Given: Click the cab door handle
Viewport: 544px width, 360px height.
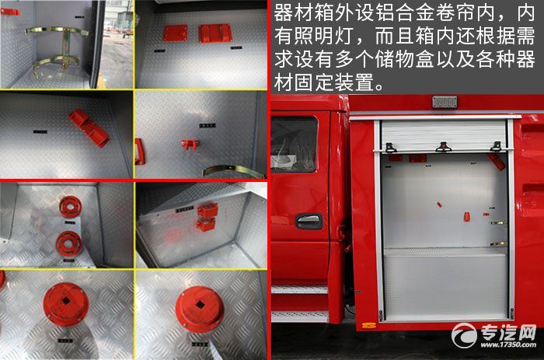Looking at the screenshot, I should point(309,221).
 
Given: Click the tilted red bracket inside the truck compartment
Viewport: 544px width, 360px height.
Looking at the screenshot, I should point(495,161).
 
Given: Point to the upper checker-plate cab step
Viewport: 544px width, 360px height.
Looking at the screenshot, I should point(299,289).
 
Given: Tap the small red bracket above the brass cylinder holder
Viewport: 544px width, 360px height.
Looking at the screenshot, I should point(9,12).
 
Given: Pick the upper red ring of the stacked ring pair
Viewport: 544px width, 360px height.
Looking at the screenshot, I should point(71,207).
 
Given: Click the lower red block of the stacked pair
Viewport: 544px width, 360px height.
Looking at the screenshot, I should point(205,225).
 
